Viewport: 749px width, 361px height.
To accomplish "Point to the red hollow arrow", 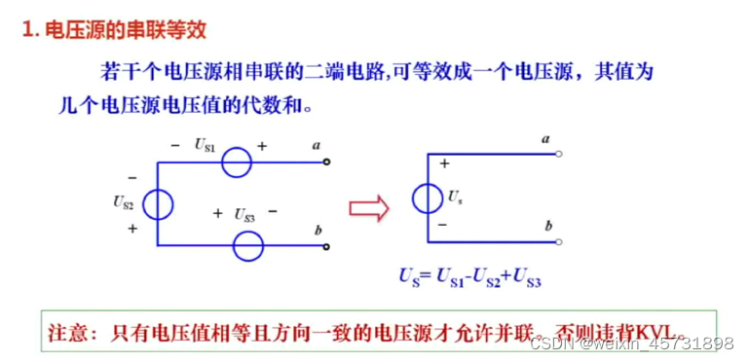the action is pyautogui.click(x=369, y=206).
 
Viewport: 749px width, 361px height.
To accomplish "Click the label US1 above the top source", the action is pyautogui.click(x=205, y=145).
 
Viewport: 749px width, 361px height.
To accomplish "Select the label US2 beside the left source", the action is pyautogui.click(x=123, y=202).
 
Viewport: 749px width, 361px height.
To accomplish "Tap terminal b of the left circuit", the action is pyautogui.click(x=326, y=245).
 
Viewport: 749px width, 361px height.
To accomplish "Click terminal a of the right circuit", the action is pyautogui.click(x=559, y=154).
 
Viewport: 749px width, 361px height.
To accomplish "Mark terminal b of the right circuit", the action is pyautogui.click(x=559, y=242).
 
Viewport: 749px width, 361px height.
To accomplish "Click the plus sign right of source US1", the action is pyautogui.click(x=262, y=145).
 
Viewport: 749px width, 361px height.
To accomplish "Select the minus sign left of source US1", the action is pyautogui.click(x=175, y=145).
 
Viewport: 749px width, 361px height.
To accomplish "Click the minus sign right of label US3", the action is pyautogui.click(x=273, y=211).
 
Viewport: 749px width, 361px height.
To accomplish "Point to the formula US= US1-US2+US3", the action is pyautogui.click(x=469, y=278).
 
